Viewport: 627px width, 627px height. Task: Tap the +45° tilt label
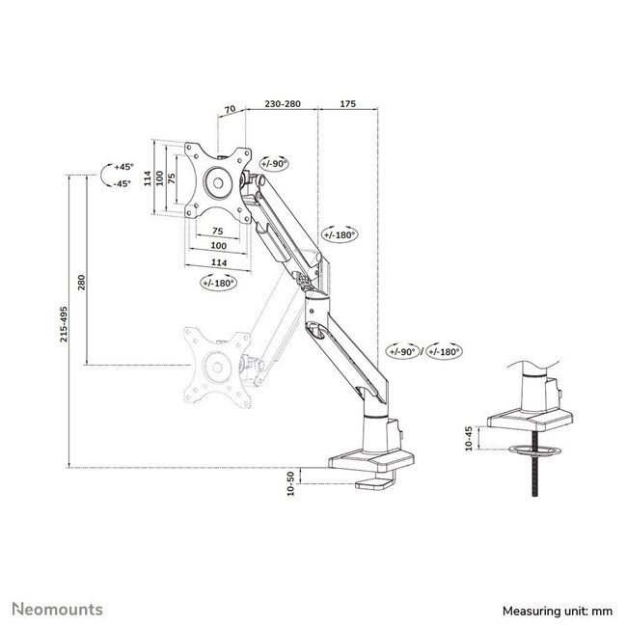[122, 167]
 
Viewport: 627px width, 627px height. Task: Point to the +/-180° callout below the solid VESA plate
[220, 283]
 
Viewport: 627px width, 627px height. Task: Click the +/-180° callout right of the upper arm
[340, 234]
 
